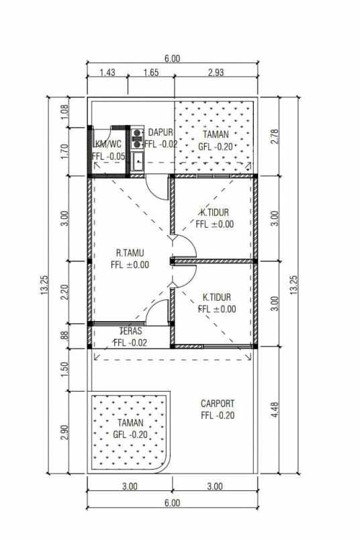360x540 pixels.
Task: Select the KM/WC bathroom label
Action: [107, 143]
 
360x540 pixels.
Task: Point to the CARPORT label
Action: [218, 404]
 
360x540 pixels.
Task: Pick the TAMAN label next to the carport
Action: [130, 423]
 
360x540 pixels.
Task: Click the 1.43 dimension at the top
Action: [107, 73]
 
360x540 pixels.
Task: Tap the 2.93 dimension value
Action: [216, 73]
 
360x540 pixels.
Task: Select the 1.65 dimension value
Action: [150, 73]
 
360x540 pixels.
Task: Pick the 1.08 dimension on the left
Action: [64, 111]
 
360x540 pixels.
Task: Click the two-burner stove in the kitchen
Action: [138, 138]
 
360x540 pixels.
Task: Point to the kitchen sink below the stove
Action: [138, 160]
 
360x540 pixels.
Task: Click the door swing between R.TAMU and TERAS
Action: [156, 312]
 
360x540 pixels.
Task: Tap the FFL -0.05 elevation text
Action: [108, 156]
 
